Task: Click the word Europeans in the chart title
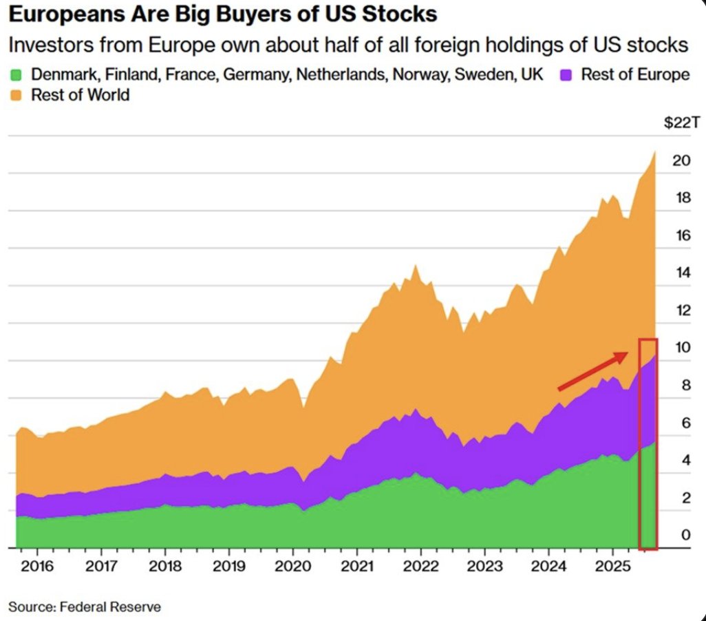coord(67,14)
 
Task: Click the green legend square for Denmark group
coord(16,75)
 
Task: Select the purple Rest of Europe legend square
coord(566,75)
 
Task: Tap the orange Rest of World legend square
coord(16,95)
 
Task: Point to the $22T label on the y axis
coord(682,123)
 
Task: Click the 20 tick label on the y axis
coord(681,160)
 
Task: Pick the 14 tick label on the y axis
coord(683,273)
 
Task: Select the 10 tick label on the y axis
coord(682,348)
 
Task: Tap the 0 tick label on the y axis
coord(686,535)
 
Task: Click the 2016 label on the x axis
coord(37,566)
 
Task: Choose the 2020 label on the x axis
coord(292,566)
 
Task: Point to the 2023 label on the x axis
coord(484,566)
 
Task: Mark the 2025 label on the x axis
coord(612,566)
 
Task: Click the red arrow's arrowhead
coord(622,356)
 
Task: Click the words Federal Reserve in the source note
coord(110,607)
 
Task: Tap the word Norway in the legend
coord(421,75)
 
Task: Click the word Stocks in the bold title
coord(399,14)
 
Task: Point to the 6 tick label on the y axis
coord(686,423)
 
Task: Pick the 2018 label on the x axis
coord(164,566)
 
